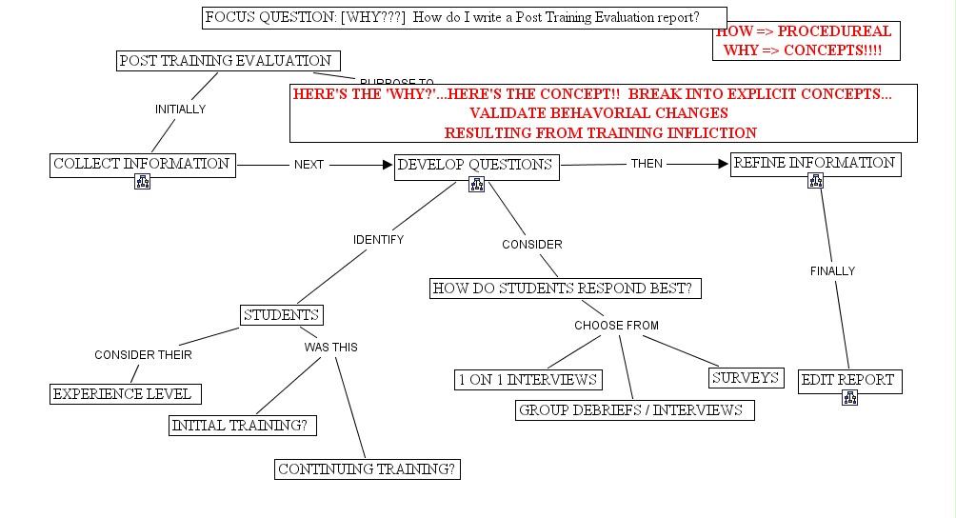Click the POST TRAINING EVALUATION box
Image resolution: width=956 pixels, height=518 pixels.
[x=226, y=61]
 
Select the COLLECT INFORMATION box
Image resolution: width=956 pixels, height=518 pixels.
[x=142, y=164]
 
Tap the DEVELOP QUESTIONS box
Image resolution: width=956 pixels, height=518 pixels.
[x=476, y=165]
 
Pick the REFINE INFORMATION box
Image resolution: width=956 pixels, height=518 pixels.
[x=815, y=163]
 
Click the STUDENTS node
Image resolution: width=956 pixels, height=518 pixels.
[x=281, y=315]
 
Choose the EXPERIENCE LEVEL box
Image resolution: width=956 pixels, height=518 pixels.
[x=125, y=393]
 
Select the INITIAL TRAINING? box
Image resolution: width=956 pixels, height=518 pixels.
[x=242, y=426]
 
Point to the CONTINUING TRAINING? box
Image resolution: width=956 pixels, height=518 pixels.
[x=368, y=468]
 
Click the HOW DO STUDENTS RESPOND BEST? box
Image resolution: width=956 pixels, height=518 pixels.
[x=566, y=289]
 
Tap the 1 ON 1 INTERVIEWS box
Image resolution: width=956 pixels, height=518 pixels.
[x=528, y=380]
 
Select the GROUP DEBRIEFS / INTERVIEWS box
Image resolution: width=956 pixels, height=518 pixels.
[x=634, y=410]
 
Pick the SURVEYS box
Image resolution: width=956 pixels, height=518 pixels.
[x=746, y=378]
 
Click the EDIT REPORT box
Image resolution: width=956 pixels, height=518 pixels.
[x=849, y=380]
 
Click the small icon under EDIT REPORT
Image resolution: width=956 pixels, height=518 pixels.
[x=849, y=398]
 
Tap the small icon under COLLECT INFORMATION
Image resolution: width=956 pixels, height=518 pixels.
[x=142, y=182]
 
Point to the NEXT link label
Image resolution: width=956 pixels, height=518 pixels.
[x=309, y=165]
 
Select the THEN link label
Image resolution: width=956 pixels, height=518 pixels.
[x=647, y=164]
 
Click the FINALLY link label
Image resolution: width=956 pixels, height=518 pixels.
[x=832, y=271]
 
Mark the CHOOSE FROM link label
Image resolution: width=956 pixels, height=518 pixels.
[x=616, y=326]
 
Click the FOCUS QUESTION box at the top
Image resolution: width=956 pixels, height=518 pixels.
[x=464, y=17]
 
